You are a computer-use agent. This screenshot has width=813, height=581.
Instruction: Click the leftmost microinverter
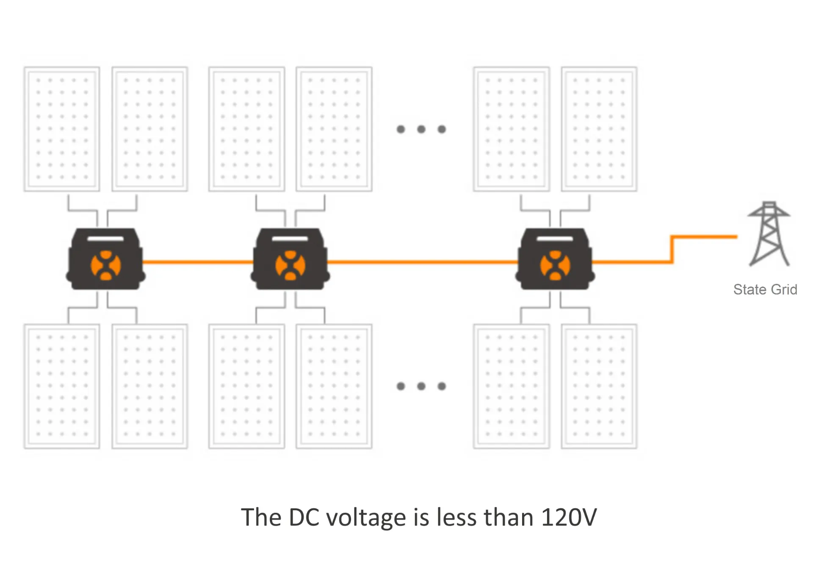coord(106,259)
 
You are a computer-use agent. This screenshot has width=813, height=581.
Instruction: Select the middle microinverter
coord(290,259)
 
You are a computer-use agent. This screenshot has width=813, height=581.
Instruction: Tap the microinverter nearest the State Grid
coord(555,259)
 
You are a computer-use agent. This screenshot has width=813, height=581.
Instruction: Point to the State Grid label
coord(765,289)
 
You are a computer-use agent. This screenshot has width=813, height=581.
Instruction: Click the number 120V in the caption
coord(569,517)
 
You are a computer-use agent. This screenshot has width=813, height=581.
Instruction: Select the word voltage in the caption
coord(366,517)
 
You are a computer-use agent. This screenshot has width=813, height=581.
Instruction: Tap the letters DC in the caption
coord(304,517)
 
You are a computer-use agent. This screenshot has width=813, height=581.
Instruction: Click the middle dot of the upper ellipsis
coord(421,129)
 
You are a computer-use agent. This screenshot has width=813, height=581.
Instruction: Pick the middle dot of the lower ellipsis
coord(421,386)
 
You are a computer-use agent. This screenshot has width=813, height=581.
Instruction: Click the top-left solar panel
coord(62,129)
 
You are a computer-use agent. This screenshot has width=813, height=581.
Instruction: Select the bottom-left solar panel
coord(62,386)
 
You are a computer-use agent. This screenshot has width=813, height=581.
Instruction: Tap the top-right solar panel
coord(599,129)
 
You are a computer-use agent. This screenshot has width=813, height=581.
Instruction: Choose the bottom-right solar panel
coord(599,386)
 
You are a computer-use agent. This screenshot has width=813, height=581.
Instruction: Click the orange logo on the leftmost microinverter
coord(106,266)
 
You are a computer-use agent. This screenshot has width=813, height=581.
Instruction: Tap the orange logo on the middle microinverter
coord(290,266)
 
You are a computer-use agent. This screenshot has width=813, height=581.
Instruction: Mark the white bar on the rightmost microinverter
coord(555,239)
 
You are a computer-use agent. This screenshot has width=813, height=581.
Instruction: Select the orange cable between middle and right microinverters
coord(423,262)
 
